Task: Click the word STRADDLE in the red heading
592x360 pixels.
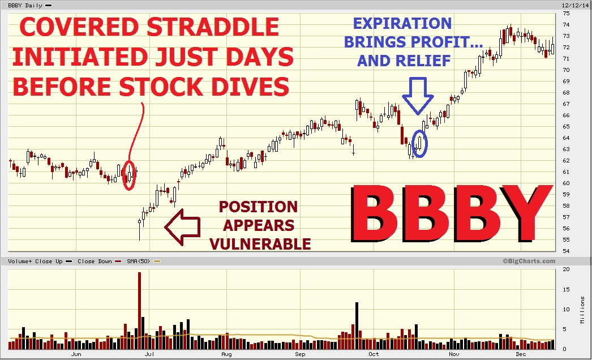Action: coord(213,27)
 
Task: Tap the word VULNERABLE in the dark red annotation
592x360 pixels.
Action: coord(260,244)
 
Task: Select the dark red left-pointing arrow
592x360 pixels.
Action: coord(182,227)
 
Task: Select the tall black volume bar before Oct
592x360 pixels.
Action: coord(357,325)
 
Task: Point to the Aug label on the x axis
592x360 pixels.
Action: coord(226,354)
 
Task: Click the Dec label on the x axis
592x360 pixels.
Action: coord(521,354)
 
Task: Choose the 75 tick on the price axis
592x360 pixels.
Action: coord(566,13)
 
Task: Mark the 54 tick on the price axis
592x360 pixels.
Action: coord(566,251)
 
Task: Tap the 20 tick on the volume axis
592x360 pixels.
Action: coord(566,269)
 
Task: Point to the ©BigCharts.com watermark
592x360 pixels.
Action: coord(529,261)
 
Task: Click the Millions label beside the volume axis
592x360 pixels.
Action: coord(582,310)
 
